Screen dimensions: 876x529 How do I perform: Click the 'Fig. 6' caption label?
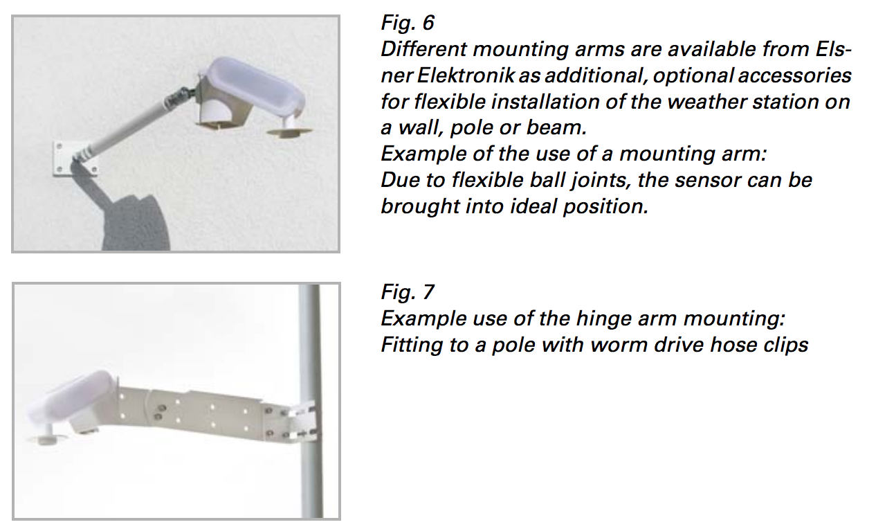tap(408, 23)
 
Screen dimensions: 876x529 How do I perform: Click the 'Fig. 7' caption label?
tap(408, 292)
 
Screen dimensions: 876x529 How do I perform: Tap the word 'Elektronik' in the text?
tap(466, 75)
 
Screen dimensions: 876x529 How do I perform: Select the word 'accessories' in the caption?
tap(794, 75)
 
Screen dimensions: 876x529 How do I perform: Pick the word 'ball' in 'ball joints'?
tap(549, 180)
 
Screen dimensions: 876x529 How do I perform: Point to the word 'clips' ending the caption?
tap(787, 345)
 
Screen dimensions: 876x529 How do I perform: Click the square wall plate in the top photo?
tap(73, 159)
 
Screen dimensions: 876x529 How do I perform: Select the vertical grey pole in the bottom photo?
tap(311, 401)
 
